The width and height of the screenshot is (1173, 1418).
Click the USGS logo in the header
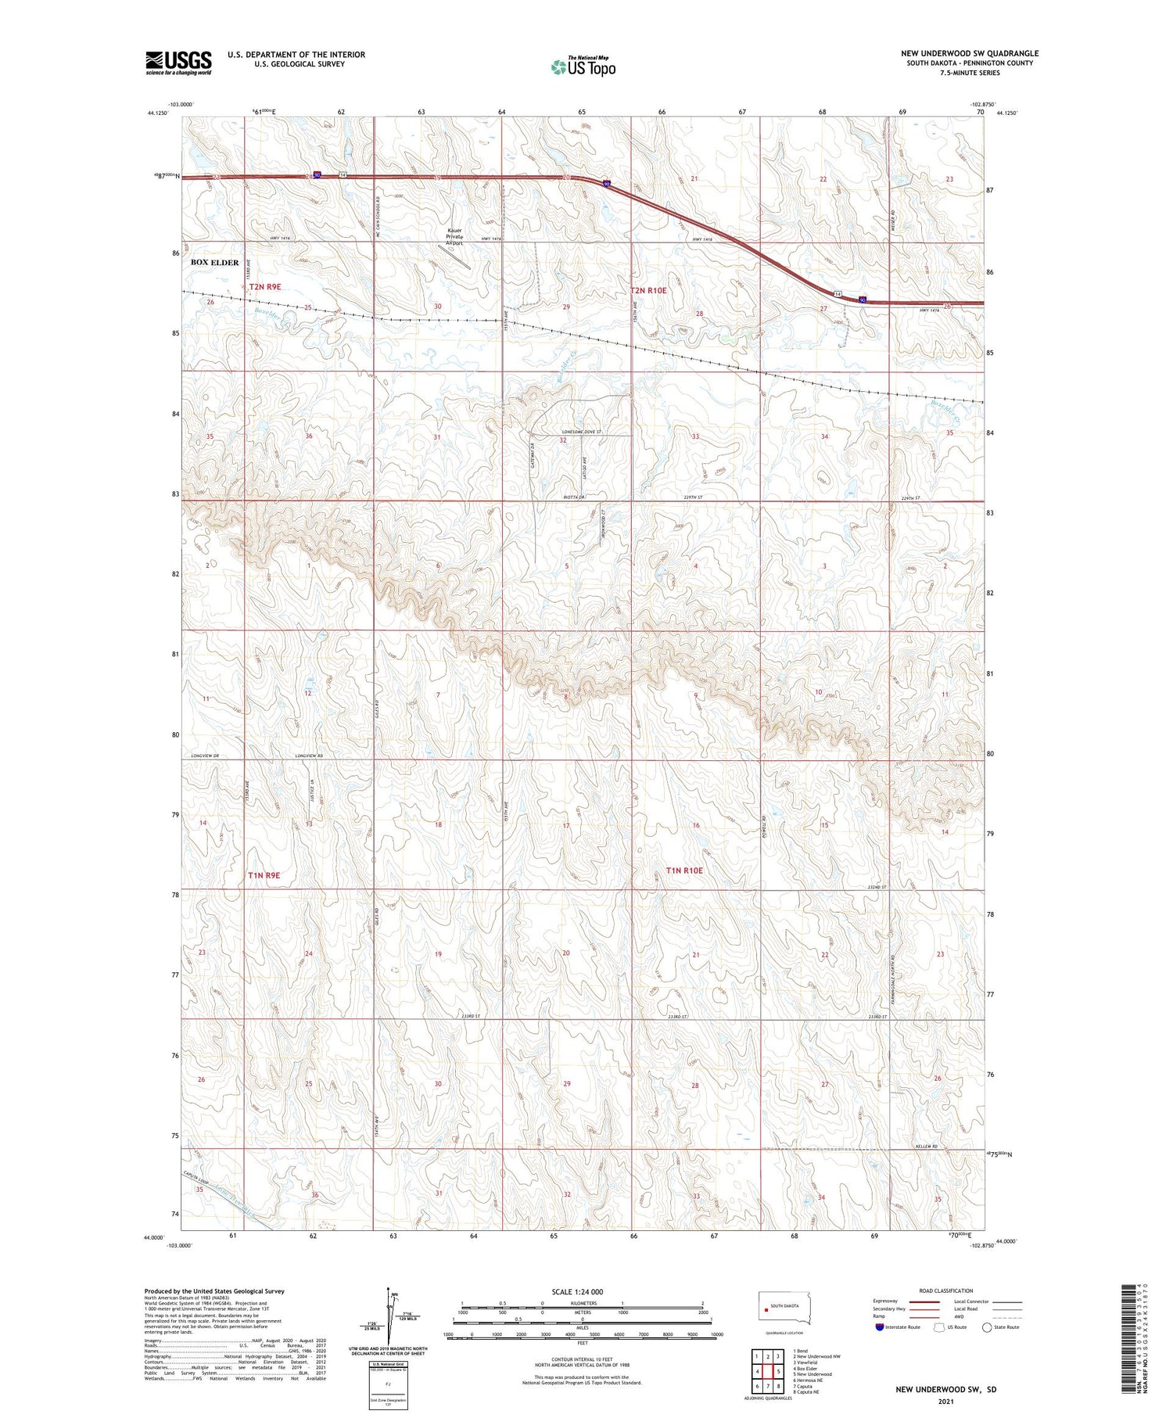pyautogui.click(x=178, y=63)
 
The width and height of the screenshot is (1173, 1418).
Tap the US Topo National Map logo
pyautogui.click(x=583, y=66)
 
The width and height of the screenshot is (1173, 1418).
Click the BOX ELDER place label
pyautogui.click(x=214, y=263)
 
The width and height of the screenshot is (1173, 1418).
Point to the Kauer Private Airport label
pyautogui.click(x=454, y=236)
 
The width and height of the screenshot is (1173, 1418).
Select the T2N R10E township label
pyautogui.click(x=648, y=290)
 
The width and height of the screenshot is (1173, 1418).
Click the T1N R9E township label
pyautogui.click(x=264, y=875)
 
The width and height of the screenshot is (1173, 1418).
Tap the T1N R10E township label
pyautogui.click(x=684, y=870)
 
